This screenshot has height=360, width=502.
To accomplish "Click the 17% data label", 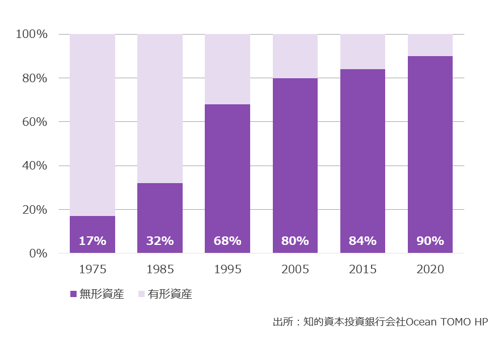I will coord(92,241).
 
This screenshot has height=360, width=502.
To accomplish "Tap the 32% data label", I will coord(160,241).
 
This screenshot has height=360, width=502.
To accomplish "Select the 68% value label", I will coord(227,241).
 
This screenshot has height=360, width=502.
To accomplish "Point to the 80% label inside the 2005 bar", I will coord(295,241).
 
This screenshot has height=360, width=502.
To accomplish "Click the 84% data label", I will coord(362,241).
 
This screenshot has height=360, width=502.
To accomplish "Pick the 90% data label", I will coord(430,241).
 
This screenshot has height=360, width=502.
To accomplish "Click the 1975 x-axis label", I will coord(92,269).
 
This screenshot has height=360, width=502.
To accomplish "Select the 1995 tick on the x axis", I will coord(227,269).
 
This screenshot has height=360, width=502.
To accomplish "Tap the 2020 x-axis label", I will coord(430,269).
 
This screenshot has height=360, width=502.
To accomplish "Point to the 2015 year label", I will coord(362,269).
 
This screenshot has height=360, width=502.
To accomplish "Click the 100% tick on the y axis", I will coord(32,34).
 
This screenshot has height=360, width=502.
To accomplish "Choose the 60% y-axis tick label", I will coord(35,122).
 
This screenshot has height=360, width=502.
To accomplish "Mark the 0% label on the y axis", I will coord(38,253).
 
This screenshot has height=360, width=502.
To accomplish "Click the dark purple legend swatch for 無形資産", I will coord(73,294).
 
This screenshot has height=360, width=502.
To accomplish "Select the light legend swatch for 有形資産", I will coord(141,294).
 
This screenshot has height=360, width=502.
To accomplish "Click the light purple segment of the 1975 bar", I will coord(92,125).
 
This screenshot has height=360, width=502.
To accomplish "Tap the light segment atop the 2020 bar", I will coord(430,45).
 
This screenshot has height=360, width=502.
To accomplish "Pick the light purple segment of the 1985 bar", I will coord(160,108).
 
